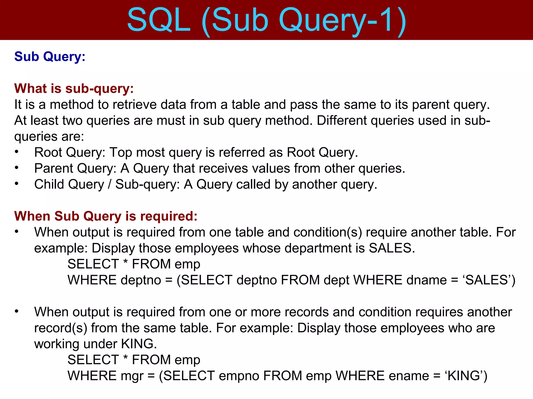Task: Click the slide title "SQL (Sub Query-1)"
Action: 266,21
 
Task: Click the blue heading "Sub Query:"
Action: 50,56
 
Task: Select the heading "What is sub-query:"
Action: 74,88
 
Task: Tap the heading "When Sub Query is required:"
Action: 106,216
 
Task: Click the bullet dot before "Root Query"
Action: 17,152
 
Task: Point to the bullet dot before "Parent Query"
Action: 17,168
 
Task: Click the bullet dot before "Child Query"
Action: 17,184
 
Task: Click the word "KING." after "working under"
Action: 139,344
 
